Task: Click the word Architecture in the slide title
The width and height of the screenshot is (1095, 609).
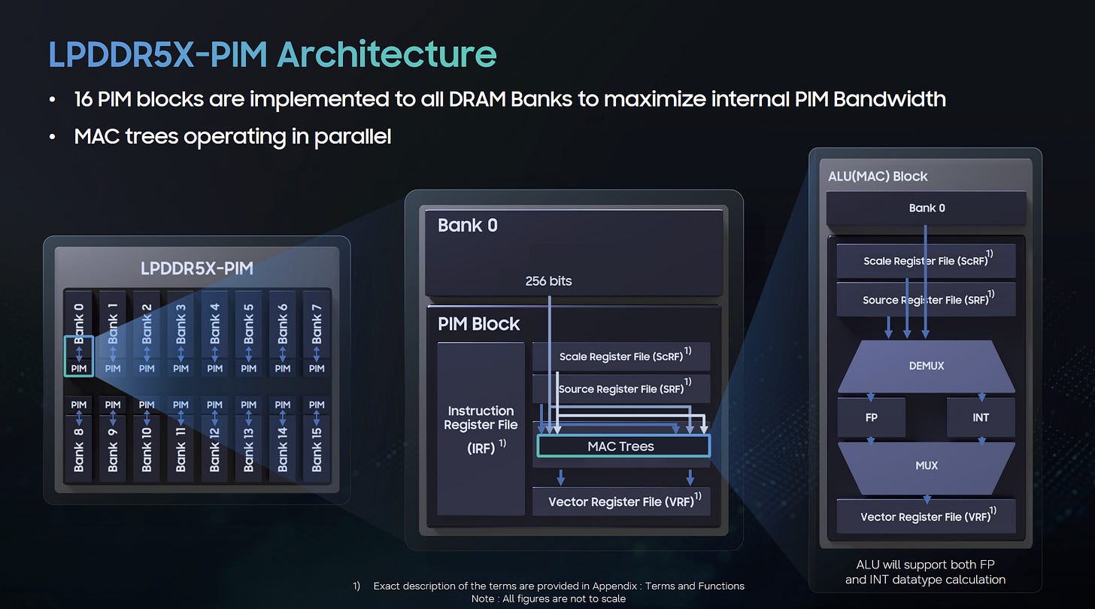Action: click(387, 54)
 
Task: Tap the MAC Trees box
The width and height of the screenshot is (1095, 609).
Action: click(623, 446)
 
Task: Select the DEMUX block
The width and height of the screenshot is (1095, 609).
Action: click(927, 366)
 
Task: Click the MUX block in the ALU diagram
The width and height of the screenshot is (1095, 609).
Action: click(927, 465)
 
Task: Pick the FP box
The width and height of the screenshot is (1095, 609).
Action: click(871, 417)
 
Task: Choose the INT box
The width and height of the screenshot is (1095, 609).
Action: click(981, 417)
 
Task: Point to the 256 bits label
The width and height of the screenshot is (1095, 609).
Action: click(548, 281)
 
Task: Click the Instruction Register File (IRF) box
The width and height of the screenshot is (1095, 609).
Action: click(481, 428)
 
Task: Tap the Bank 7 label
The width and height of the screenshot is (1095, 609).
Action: click(317, 324)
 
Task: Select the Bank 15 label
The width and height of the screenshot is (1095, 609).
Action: click(317, 450)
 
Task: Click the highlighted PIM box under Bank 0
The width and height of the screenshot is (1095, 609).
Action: click(79, 356)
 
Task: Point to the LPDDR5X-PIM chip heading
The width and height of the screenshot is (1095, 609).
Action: click(197, 268)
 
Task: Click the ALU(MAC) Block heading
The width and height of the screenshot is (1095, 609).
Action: click(878, 177)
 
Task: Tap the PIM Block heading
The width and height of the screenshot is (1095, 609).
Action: click(478, 323)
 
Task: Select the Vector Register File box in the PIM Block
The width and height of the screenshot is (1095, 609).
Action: click(621, 501)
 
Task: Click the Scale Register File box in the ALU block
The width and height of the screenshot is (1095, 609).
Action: click(926, 260)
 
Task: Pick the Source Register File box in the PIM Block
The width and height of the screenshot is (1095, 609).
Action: click(621, 389)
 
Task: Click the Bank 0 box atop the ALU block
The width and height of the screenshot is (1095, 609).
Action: click(927, 208)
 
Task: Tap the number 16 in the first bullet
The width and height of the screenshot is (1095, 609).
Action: click(83, 99)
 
